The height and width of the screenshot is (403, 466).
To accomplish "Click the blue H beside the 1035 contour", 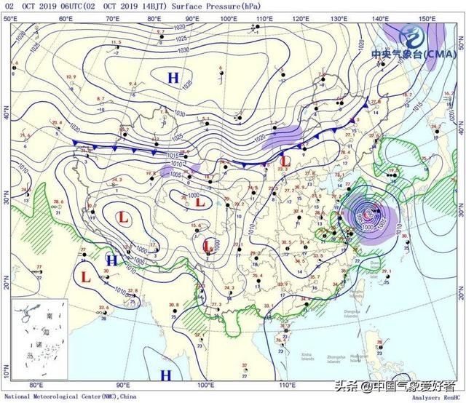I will click(x=173, y=77).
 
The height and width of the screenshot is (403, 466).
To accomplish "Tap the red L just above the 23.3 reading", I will click(x=286, y=159).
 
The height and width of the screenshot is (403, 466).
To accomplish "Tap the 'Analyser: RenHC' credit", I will click(x=435, y=396).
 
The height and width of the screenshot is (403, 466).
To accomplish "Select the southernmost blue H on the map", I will click(x=166, y=375).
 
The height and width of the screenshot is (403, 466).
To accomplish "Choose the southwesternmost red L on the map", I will click(x=86, y=276).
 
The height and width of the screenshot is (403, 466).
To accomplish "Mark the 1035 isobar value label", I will click(x=189, y=84).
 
